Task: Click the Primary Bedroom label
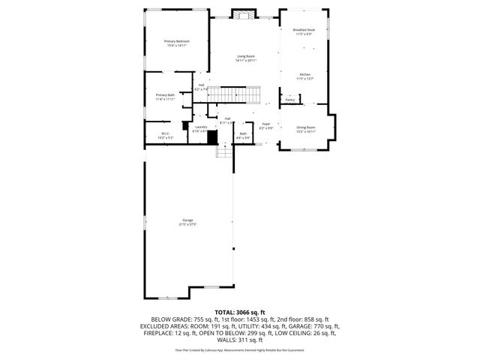tap(178, 40)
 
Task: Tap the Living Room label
tap(246, 56)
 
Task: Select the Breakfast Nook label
tap(304, 30)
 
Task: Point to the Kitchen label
tap(304, 74)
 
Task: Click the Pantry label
tap(290, 99)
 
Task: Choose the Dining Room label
tap(305, 127)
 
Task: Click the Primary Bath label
tap(165, 95)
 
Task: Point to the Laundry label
tap(201, 127)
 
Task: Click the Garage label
tap(187, 220)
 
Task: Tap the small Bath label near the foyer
tap(243, 134)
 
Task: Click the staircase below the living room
tap(233, 94)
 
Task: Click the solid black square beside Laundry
tap(212, 138)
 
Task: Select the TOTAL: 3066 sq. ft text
tap(239, 311)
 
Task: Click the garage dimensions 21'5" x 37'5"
tap(187, 224)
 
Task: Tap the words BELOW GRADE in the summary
tap(170, 319)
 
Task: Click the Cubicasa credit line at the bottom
tap(239, 349)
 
